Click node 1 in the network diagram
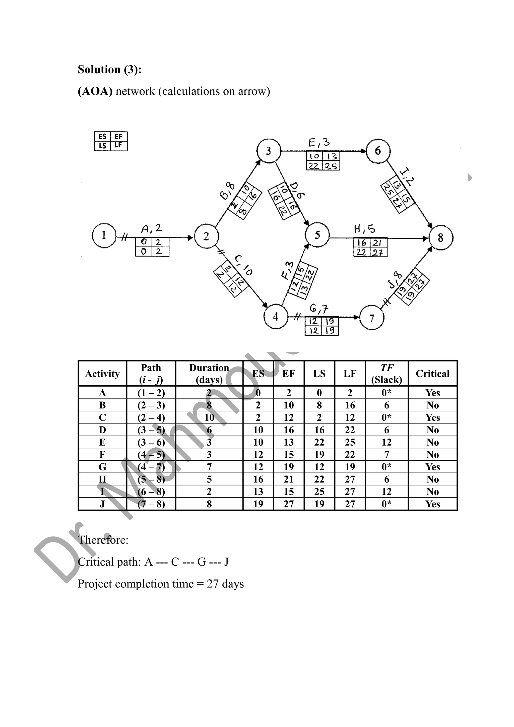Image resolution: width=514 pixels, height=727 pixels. pyautogui.click(x=104, y=235)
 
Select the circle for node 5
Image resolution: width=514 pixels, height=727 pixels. pyautogui.click(x=317, y=235)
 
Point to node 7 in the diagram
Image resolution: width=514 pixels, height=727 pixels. pyautogui.click(x=372, y=318)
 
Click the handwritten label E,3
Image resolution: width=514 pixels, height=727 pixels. pyautogui.click(x=319, y=143)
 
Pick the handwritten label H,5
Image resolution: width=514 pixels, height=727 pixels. pyautogui.click(x=364, y=229)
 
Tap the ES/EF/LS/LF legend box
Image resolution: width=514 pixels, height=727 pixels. pyautogui.click(x=111, y=141)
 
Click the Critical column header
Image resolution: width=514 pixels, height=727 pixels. pyautogui.click(x=432, y=374)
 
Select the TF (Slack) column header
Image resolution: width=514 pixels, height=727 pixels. pyautogui.click(x=387, y=374)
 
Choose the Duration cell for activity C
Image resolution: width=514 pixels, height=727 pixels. pyautogui.click(x=209, y=418)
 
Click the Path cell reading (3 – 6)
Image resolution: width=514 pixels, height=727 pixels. pyautogui.click(x=151, y=442)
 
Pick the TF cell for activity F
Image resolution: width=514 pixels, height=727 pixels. pyautogui.click(x=387, y=455)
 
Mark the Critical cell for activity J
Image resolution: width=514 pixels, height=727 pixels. pyautogui.click(x=432, y=504)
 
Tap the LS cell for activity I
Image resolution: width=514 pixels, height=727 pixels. pyautogui.click(x=319, y=492)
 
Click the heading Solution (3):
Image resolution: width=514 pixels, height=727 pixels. pyautogui.click(x=109, y=69)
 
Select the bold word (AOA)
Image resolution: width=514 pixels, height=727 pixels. pyautogui.click(x=95, y=91)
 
